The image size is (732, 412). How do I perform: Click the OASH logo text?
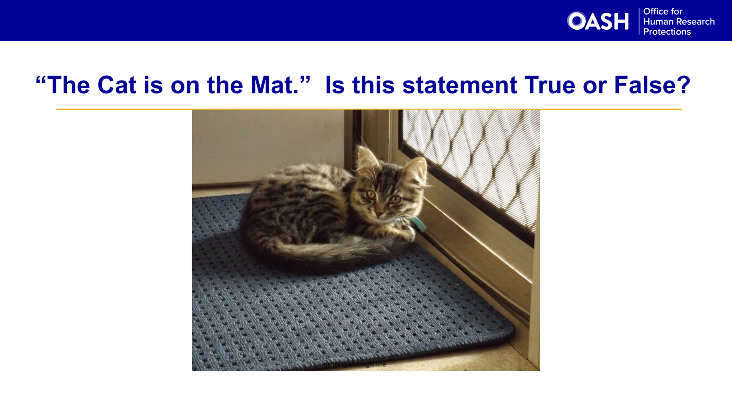pyautogui.click(x=598, y=21)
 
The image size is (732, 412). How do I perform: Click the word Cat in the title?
pyautogui.click(x=117, y=85)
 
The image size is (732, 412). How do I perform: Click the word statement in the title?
pyautogui.click(x=459, y=85)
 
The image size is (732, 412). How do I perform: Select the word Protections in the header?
pyautogui.click(x=667, y=32)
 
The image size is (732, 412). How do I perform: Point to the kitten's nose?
pyautogui.click(x=379, y=211)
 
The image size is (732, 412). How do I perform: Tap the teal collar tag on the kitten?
pyautogui.click(x=418, y=224)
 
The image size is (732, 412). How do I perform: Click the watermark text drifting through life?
pyautogui.click(x=355, y=364)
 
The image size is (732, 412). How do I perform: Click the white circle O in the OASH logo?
pyautogui.click(x=576, y=21)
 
